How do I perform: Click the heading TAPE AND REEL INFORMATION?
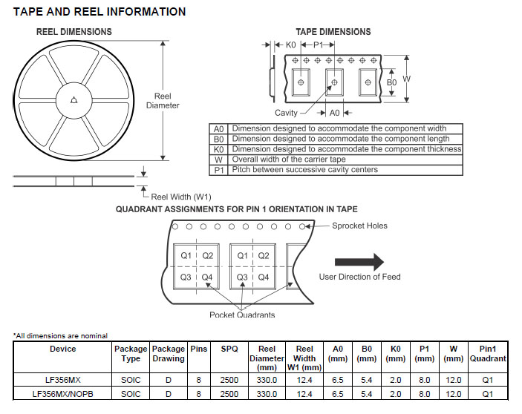click(99, 12)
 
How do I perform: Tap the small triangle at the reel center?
click(74, 101)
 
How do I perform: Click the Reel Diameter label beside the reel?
click(163, 101)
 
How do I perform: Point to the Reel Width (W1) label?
click(181, 197)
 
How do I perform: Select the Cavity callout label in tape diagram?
click(286, 113)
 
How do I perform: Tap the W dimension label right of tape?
click(406, 79)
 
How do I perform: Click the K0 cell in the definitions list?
click(218, 149)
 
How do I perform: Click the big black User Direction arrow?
click(359, 261)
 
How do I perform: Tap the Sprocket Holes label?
click(359, 226)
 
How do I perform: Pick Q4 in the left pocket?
click(207, 277)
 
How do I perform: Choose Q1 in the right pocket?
click(242, 256)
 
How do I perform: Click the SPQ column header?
click(229, 349)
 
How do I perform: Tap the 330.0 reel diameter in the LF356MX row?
click(267, 380)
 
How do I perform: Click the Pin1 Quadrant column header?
click(488, 354)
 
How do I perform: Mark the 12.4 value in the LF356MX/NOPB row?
click(304, 394)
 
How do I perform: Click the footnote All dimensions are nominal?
click(61, 336)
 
